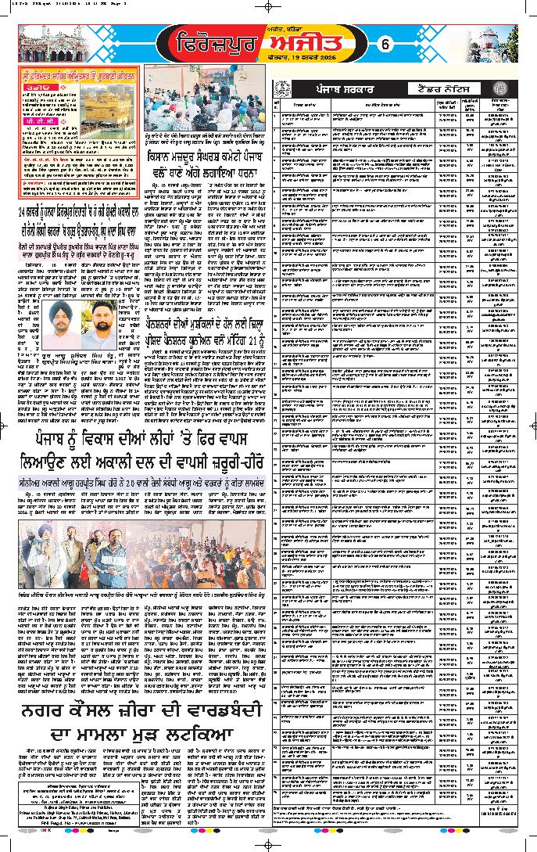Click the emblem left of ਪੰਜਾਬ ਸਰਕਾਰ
[278, 90]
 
